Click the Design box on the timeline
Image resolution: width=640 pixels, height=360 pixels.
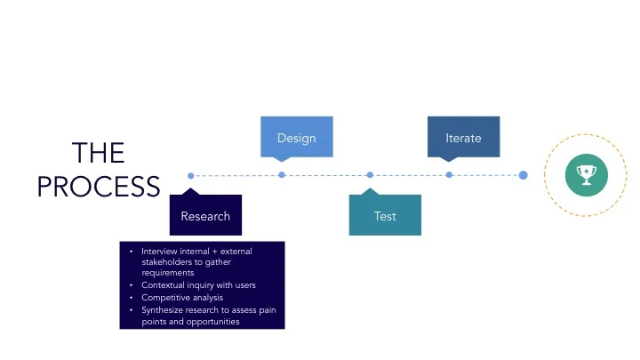click(296, 138)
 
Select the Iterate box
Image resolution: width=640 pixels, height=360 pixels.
click(463, 138)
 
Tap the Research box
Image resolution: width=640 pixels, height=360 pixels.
click(205, 216)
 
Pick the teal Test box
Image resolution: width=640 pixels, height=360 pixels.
click(385, 216)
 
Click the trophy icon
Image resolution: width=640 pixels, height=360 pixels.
click(586, 174)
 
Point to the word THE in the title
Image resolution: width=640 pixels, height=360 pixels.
click(98, 153)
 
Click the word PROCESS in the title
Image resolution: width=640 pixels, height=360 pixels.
click(98, 187)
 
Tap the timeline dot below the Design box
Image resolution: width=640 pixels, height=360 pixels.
click(282, 175)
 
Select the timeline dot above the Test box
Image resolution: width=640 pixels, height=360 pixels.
click(370, 175)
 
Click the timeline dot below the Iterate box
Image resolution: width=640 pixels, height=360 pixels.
click(449, 175)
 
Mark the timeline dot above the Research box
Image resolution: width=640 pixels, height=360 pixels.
click(191, 175)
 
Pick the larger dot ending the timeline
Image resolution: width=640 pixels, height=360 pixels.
click(523, 175)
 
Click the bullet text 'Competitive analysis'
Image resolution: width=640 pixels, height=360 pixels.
click(182, 298)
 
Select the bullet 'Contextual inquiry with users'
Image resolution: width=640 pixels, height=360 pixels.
click(198, 285)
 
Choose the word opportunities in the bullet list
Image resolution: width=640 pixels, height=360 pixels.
click(212, 322)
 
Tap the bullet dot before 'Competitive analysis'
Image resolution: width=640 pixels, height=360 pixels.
click(131, 298)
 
